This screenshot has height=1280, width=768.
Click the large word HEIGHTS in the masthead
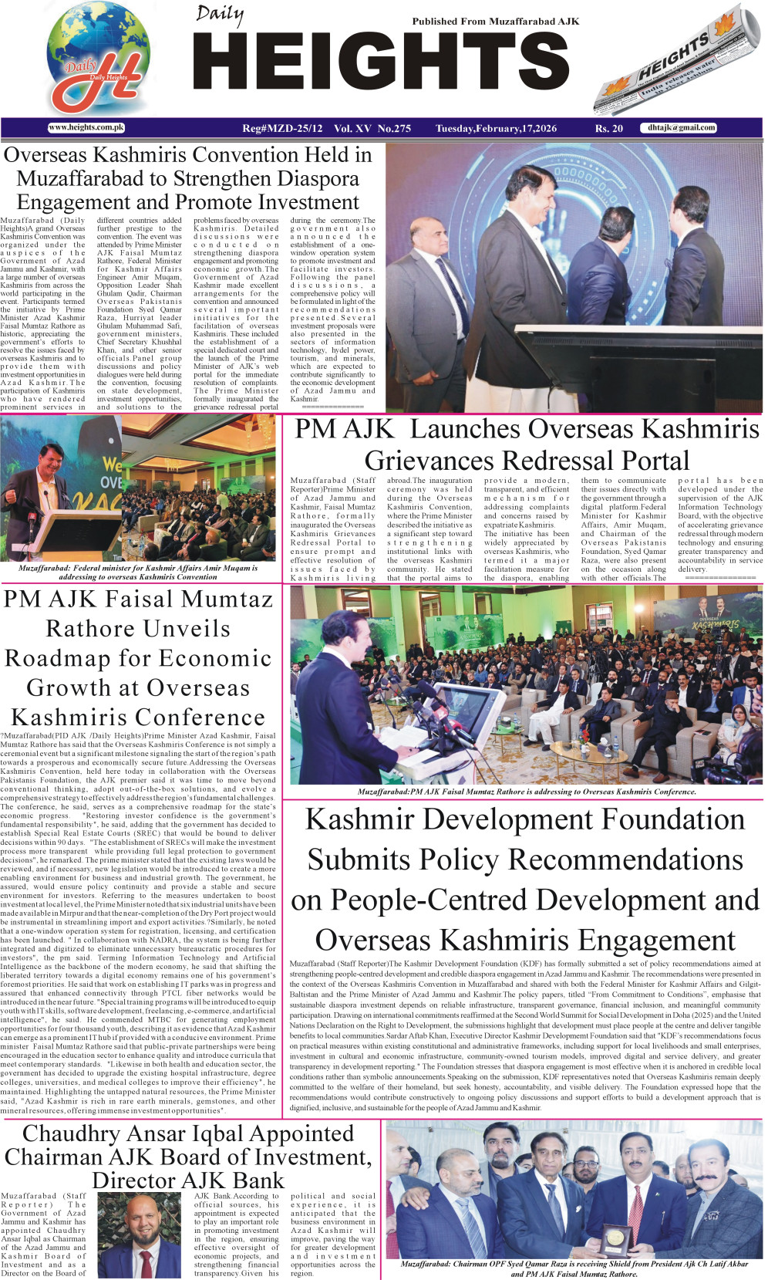point(382,66)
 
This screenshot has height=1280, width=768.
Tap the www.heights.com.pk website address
point(86,128)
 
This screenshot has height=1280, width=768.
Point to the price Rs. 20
point(608,129)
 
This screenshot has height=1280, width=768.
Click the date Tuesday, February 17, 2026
point(496,129)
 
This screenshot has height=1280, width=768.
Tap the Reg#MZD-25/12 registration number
point(282,129)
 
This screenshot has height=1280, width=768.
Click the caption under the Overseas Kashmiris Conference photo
point(527,792)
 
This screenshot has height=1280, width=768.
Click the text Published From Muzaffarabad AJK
point(495,22)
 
